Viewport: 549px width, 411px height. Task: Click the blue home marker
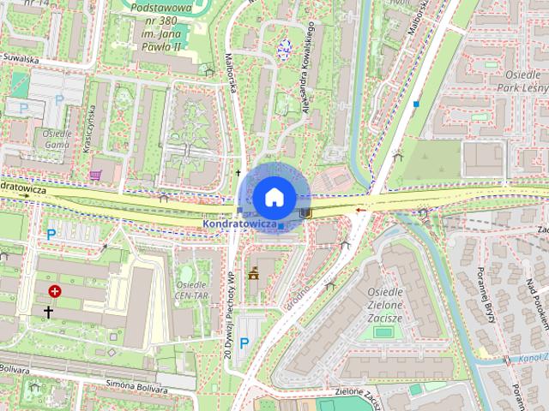click(273, 197)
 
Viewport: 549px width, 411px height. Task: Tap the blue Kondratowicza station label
click(239, 224)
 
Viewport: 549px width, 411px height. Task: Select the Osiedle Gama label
click(56, 140)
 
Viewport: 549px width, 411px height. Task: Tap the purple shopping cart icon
click(95, 176)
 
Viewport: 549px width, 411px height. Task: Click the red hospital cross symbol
click(56, 291)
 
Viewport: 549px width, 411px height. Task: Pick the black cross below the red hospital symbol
click(48, 313)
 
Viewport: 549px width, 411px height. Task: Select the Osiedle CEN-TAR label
click(192, 289)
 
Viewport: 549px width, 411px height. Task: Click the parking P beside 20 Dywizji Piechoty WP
click(244, 343)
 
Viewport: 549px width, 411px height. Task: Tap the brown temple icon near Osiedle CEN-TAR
click(253, 275)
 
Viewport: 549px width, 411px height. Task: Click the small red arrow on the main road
click(361, 208)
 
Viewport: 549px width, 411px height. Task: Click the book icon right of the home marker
click(305, 212)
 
